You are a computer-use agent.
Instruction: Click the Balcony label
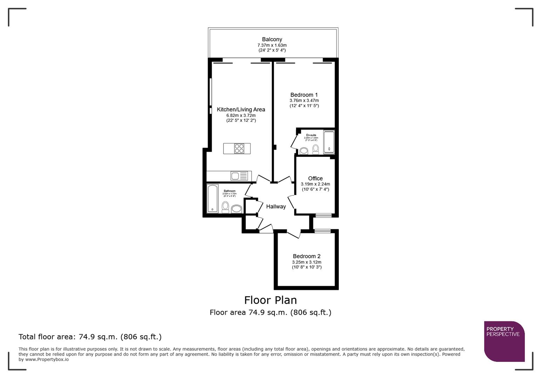[272, 40]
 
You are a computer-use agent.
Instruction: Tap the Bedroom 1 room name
[304, 95]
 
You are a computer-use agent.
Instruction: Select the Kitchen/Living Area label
[241, 110]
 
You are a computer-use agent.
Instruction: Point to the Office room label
[315, 178]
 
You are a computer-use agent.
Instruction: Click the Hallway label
[276, 206]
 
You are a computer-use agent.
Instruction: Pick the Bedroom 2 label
[307, 256]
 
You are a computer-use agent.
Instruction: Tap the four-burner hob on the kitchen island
[239, 149]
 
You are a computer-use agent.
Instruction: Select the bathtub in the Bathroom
[213, 198]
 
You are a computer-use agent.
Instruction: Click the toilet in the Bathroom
[225, 206]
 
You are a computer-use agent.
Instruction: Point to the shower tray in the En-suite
[329, 142]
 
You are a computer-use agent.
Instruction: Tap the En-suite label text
[311, 135]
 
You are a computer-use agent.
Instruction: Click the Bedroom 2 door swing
[294, 234]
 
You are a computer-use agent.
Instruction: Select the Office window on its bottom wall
[323, 215]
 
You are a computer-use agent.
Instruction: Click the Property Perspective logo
[504, 341]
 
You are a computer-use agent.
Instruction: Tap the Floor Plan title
[270, 300]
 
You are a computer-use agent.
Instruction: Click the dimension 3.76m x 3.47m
[304, 100]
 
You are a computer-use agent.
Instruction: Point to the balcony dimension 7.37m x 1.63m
[272, 45]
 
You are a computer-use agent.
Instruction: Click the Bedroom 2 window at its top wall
[322, 231]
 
